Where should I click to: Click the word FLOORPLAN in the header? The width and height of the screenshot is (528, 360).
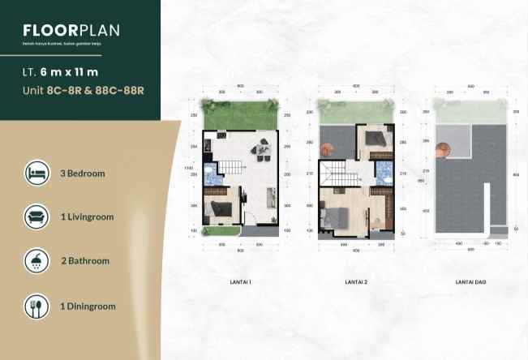pyautogui.click(x=71, y=31)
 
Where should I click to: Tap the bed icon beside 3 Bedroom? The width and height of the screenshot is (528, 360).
pyautogui.click(x=36, y=173)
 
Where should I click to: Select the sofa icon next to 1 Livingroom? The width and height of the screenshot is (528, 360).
pyautogui.click(x=36, y=217)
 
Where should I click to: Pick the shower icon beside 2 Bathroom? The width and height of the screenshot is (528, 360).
pyautogui.click(x=36, y=262)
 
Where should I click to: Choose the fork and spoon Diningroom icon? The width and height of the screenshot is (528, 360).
pyautogui.click(x=36, y=306)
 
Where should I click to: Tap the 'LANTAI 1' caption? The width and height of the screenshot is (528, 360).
pyautogui.click(x=241, y=282)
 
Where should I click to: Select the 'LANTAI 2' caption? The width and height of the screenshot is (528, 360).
pyautogui.click(x=357, y=282)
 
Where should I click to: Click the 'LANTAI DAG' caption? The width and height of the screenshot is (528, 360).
pyautogui.click(x=470, y=282)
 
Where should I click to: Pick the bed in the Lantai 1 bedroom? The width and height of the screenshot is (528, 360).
pyautogui.click(x=218, y=209)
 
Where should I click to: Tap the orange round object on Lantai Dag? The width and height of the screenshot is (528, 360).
pyautogui.click(x=443, y=148)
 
